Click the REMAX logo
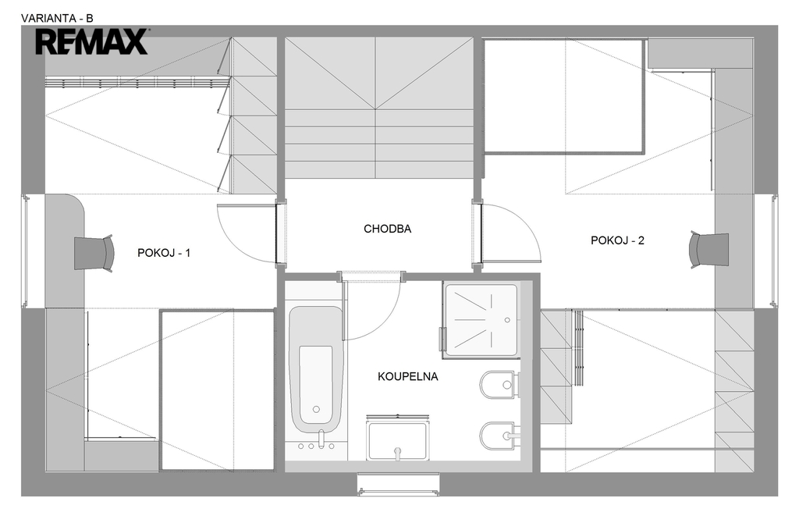[92, 42]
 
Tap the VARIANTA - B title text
[57, 19]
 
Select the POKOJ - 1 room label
[164, 253]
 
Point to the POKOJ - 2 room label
[617, 240]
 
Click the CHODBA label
[387, 229]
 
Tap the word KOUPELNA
[407, 376]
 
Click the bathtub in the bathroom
[316, 369]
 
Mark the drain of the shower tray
[507, 320]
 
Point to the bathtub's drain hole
[316, 409]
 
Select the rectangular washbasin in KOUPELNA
[397, 438]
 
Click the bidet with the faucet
[499, 436]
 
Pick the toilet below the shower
[499, 385]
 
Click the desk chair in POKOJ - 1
[94, 253]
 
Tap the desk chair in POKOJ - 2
[708, 249]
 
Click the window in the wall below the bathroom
[398, 484]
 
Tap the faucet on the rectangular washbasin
[397, 452]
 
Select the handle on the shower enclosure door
[442, 339]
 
